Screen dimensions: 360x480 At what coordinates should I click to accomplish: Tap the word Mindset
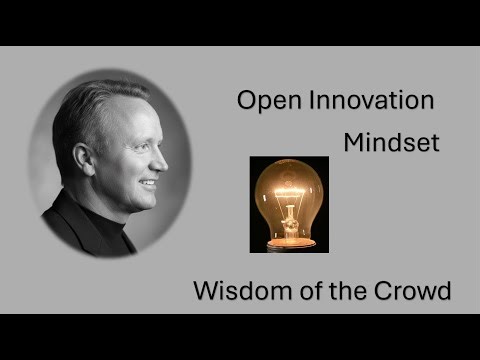click(391, 142)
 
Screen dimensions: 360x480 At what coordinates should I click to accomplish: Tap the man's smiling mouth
click(150, 184)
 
